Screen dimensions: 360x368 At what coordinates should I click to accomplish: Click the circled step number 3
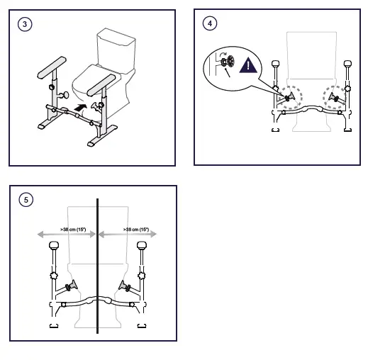pos(26,24)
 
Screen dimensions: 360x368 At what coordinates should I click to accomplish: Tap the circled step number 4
pos(210,23)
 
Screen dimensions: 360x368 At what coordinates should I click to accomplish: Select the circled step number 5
pos(26,200)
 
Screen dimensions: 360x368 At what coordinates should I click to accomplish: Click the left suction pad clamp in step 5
pos(71,287)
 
